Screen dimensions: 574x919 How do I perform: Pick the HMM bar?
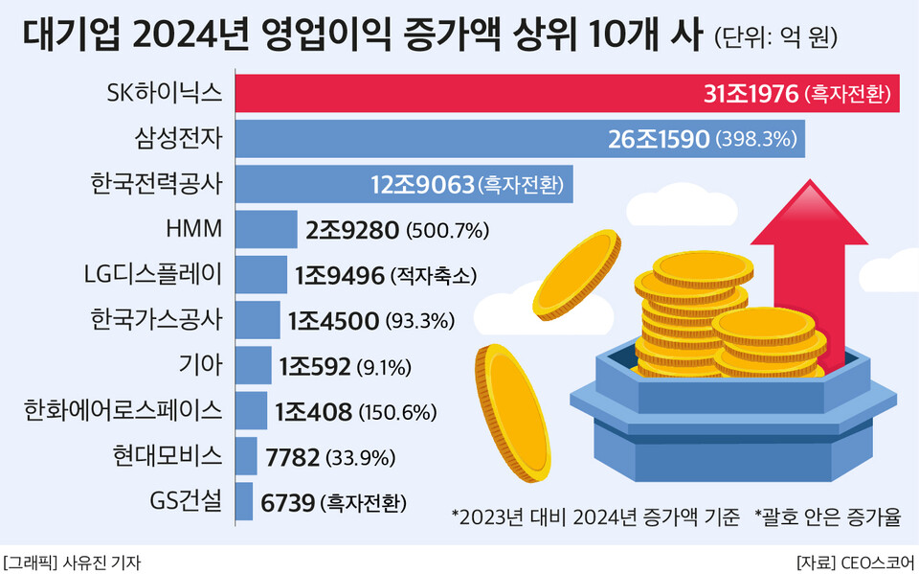click(266, 230)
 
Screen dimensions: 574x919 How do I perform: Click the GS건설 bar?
click(244, 501)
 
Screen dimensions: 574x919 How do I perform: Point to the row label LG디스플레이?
click(153, 275)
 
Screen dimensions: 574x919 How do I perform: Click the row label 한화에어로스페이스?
click(123, 411)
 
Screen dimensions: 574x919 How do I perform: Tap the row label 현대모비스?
click(168, 456)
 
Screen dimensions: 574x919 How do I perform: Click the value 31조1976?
click(751, 94)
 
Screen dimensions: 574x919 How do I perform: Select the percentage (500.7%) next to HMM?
click(448, 231)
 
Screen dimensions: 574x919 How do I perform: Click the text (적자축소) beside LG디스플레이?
click(433, 276)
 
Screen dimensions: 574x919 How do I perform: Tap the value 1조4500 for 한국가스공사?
click(333, 321)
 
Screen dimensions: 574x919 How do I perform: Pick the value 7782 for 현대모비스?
click(291, 457)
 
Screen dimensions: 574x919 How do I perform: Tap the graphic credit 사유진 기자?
click(105, 562)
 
